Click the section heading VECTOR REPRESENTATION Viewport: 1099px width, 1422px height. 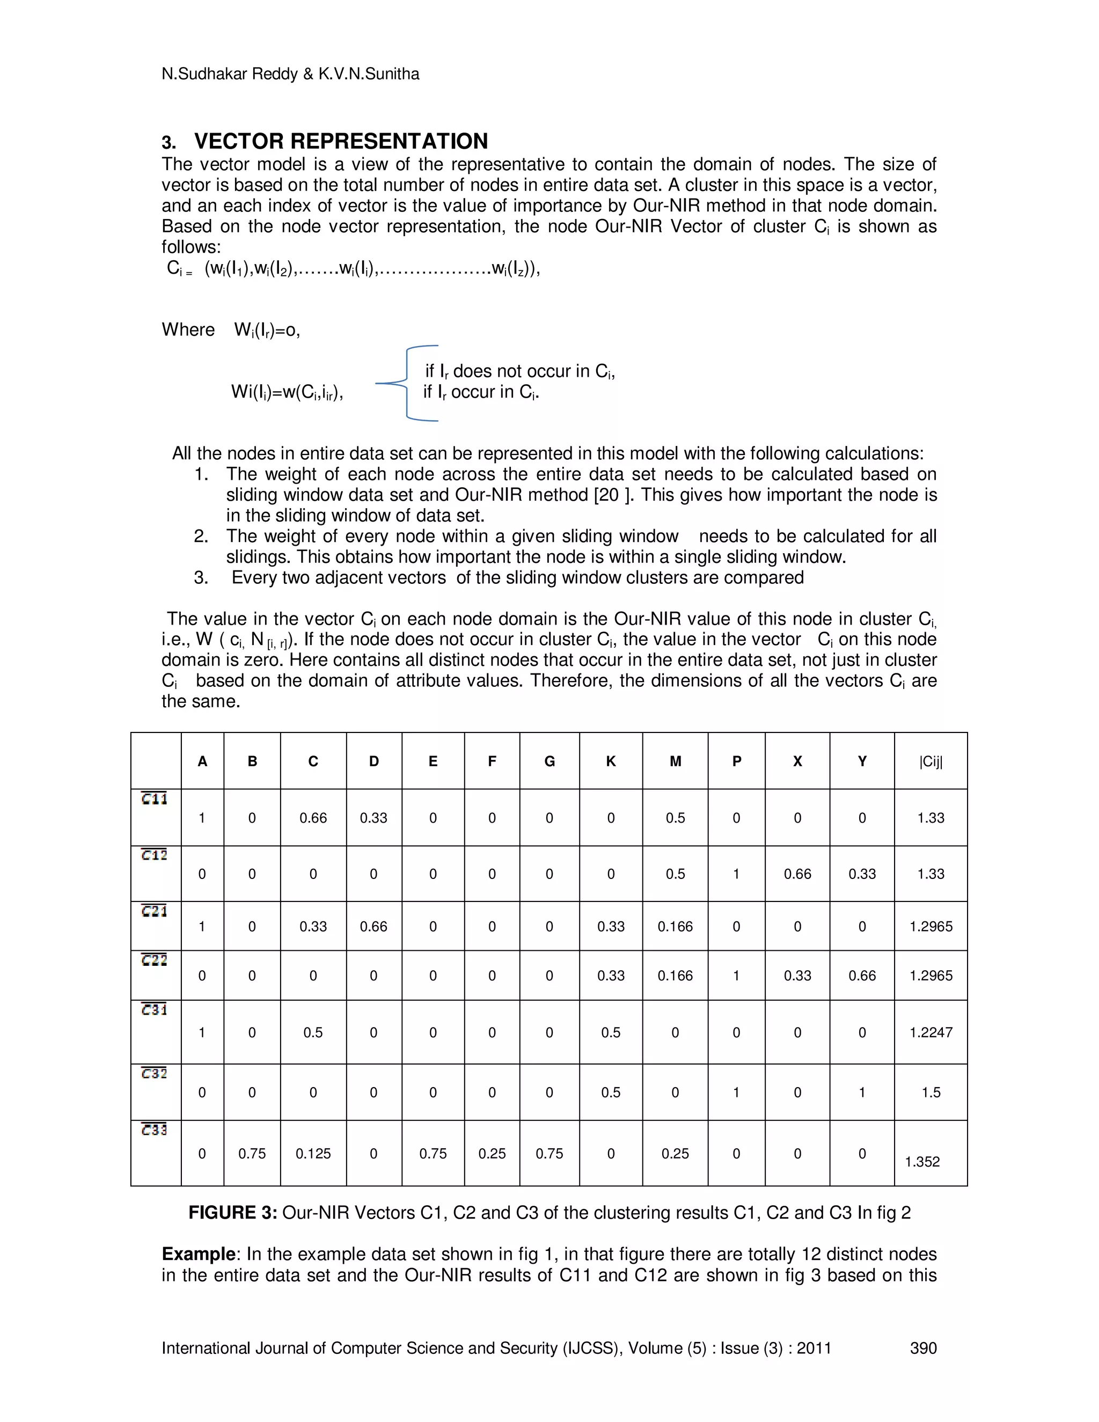point(341,141)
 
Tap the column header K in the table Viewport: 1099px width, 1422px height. point(611,761)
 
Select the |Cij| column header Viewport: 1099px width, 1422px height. point(931,761)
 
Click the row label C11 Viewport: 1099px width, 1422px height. point(155,799)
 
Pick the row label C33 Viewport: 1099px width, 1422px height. point(155,1130)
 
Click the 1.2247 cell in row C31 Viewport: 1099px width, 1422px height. point(931,1032)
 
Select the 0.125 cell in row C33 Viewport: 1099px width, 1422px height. point(313,1154)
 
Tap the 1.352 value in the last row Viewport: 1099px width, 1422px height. point(922,1162)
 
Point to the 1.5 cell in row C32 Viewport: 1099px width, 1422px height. point(931,1093)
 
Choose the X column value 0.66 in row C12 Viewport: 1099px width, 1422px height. point(797,874)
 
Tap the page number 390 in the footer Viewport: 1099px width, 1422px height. point(922,1348)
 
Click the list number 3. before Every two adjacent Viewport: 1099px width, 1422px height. point(201,577)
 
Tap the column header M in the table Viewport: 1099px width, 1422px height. point(675,761)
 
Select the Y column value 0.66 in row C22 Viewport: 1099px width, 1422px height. point(861,976)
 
